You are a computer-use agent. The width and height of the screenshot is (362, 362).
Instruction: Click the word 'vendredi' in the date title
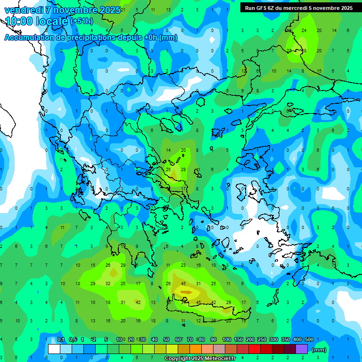tap(23, 10)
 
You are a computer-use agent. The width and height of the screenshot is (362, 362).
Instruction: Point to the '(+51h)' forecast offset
tap(81, 21)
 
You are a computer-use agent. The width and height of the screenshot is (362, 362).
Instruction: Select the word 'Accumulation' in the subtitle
tap(30, 38)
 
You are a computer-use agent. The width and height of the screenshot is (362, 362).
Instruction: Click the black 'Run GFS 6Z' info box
tap(298, 8)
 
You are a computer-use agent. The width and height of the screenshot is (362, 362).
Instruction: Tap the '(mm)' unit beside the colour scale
tap(319, 350)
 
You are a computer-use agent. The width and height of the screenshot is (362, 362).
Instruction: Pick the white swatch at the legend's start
tap(54, 349)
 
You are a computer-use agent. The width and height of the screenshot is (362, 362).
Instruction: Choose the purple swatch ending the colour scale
tap(302, 349)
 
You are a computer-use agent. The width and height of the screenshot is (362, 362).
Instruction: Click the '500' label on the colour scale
tap(309, 339)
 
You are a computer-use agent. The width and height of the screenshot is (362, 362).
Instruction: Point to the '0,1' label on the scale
tap(61, 339)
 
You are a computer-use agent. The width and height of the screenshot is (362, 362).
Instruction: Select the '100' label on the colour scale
tap(227, 339)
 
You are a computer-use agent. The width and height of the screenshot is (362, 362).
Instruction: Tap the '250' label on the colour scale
tap(262, 339)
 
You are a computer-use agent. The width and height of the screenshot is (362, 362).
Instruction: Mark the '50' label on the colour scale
tap(166, 339)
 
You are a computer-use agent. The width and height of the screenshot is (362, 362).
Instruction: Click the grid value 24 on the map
tap(304, 31)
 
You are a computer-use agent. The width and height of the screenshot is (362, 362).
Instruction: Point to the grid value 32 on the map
tap(108, 283)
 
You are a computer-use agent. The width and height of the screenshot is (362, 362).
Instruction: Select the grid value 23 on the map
tap(183, 265)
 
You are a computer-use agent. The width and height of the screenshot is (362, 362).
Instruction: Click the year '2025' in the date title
tap(109, 10)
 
